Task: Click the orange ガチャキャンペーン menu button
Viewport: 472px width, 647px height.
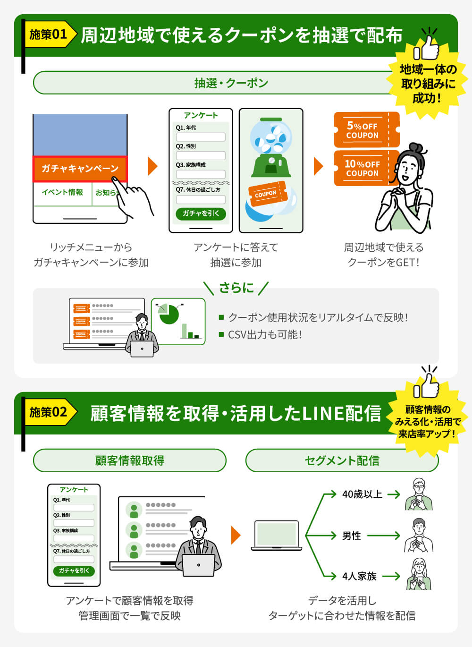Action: point(80,169)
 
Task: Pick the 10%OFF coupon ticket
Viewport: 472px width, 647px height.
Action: point(363,168)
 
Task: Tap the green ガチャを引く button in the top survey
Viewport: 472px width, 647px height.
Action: point(201,213)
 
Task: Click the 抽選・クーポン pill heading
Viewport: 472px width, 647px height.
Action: point(231,83)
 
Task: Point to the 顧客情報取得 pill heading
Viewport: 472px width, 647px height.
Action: point(129,460)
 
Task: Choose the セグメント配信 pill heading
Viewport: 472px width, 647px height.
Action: point(342,460)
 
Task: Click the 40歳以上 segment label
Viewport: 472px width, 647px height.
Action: point(362,494)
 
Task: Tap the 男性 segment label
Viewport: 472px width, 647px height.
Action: point(352,536)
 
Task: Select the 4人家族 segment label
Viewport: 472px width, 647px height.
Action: point(359,576)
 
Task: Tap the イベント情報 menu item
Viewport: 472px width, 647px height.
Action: point(62,192)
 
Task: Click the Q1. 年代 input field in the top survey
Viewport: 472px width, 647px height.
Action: point(201,137)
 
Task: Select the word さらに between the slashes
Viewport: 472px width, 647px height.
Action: point(236,288)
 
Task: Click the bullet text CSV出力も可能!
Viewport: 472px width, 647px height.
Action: point(265,335)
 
